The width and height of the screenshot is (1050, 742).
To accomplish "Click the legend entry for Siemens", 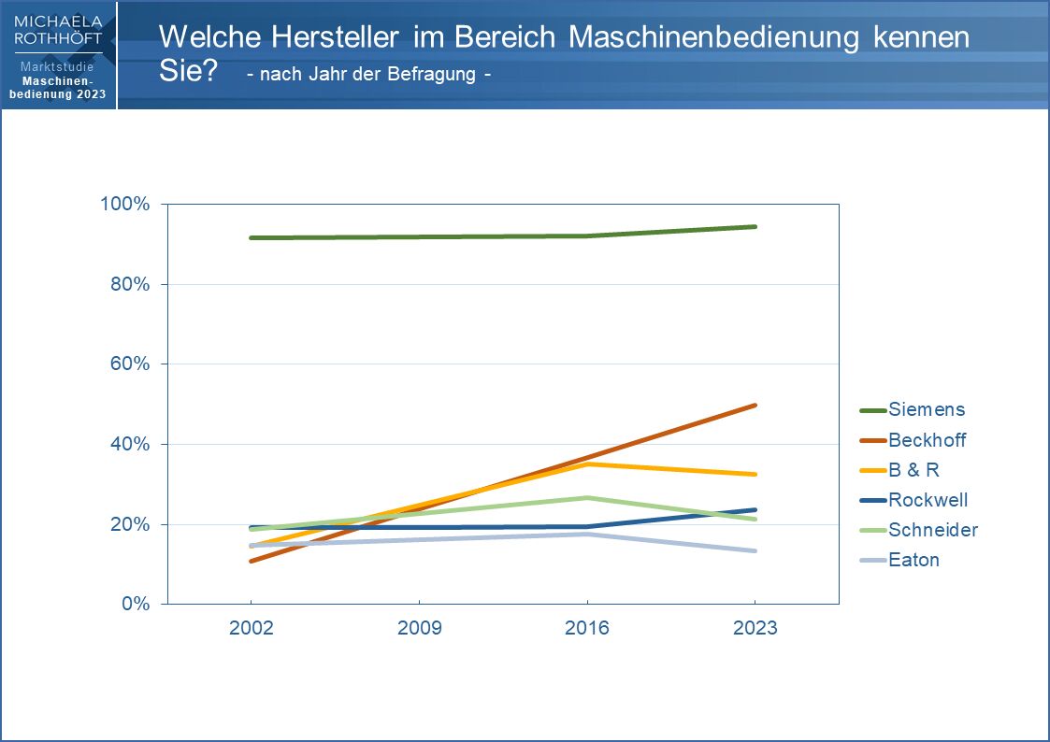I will [x=927, y=409].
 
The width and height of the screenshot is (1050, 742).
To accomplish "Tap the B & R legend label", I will [x=913, y=470].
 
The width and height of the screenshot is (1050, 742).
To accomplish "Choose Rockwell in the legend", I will [x=928, y=500].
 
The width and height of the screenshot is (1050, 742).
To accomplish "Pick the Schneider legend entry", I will [x=932, y=530].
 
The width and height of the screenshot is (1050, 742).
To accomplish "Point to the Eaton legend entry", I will [x=913, y=560].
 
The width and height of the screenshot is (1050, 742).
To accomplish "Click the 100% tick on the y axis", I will [x=125, y=204].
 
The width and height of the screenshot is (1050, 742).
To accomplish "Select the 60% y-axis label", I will [x=129, y=364].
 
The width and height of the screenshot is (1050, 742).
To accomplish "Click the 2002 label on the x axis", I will [x=252, y=628].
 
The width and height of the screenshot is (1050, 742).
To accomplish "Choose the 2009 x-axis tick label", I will [x=419, y=628].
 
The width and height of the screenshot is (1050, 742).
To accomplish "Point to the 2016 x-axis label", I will [x=587, y=628].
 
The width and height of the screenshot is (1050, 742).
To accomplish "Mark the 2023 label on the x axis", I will [x=755, y=628].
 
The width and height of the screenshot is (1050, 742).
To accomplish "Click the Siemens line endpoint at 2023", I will [x=755, y=226].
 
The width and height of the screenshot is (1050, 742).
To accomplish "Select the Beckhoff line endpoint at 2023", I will [x=755, y=406].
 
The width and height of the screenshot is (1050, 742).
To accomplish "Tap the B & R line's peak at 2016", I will [x=587, y=464].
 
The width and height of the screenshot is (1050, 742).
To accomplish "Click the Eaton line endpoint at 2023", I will [x=755, y=550].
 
